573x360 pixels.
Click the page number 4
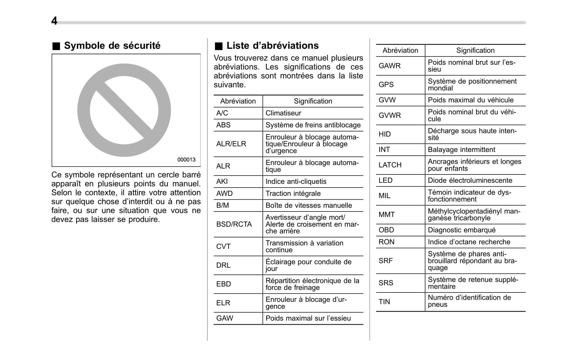click(x=54, y=21)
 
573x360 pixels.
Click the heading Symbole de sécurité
click(x=112, y=46)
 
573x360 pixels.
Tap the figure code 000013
click(x=186, y=160)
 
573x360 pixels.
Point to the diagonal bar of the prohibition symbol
click(x=124, y=110)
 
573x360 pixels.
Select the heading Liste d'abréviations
click(x=272, y=46)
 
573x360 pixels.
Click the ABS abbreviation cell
click(x=223, y=125)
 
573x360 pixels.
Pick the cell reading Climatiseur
click(x=283, y=113)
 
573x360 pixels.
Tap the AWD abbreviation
click(x=224, y=193)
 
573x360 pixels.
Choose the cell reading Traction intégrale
click(x=293, y=193)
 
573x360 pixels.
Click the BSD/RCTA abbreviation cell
click(x=234, y=224)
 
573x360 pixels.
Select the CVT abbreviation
click(x=223, y=246)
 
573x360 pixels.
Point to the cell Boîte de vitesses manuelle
click(x=309, y=205)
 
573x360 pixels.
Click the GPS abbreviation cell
click(x=386, y=84)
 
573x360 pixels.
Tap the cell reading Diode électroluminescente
click(x=470, y=180)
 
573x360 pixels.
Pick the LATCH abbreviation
click(x=390, y=165)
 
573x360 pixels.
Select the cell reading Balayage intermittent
click(x=461, y=150)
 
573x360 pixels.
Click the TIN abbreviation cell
click(x=385, y=302)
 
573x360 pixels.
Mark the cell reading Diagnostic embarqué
click(x=461, y=230)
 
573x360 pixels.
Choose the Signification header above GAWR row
click(x=475, y=51)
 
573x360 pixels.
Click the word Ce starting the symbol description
click(x=56, y=175)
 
